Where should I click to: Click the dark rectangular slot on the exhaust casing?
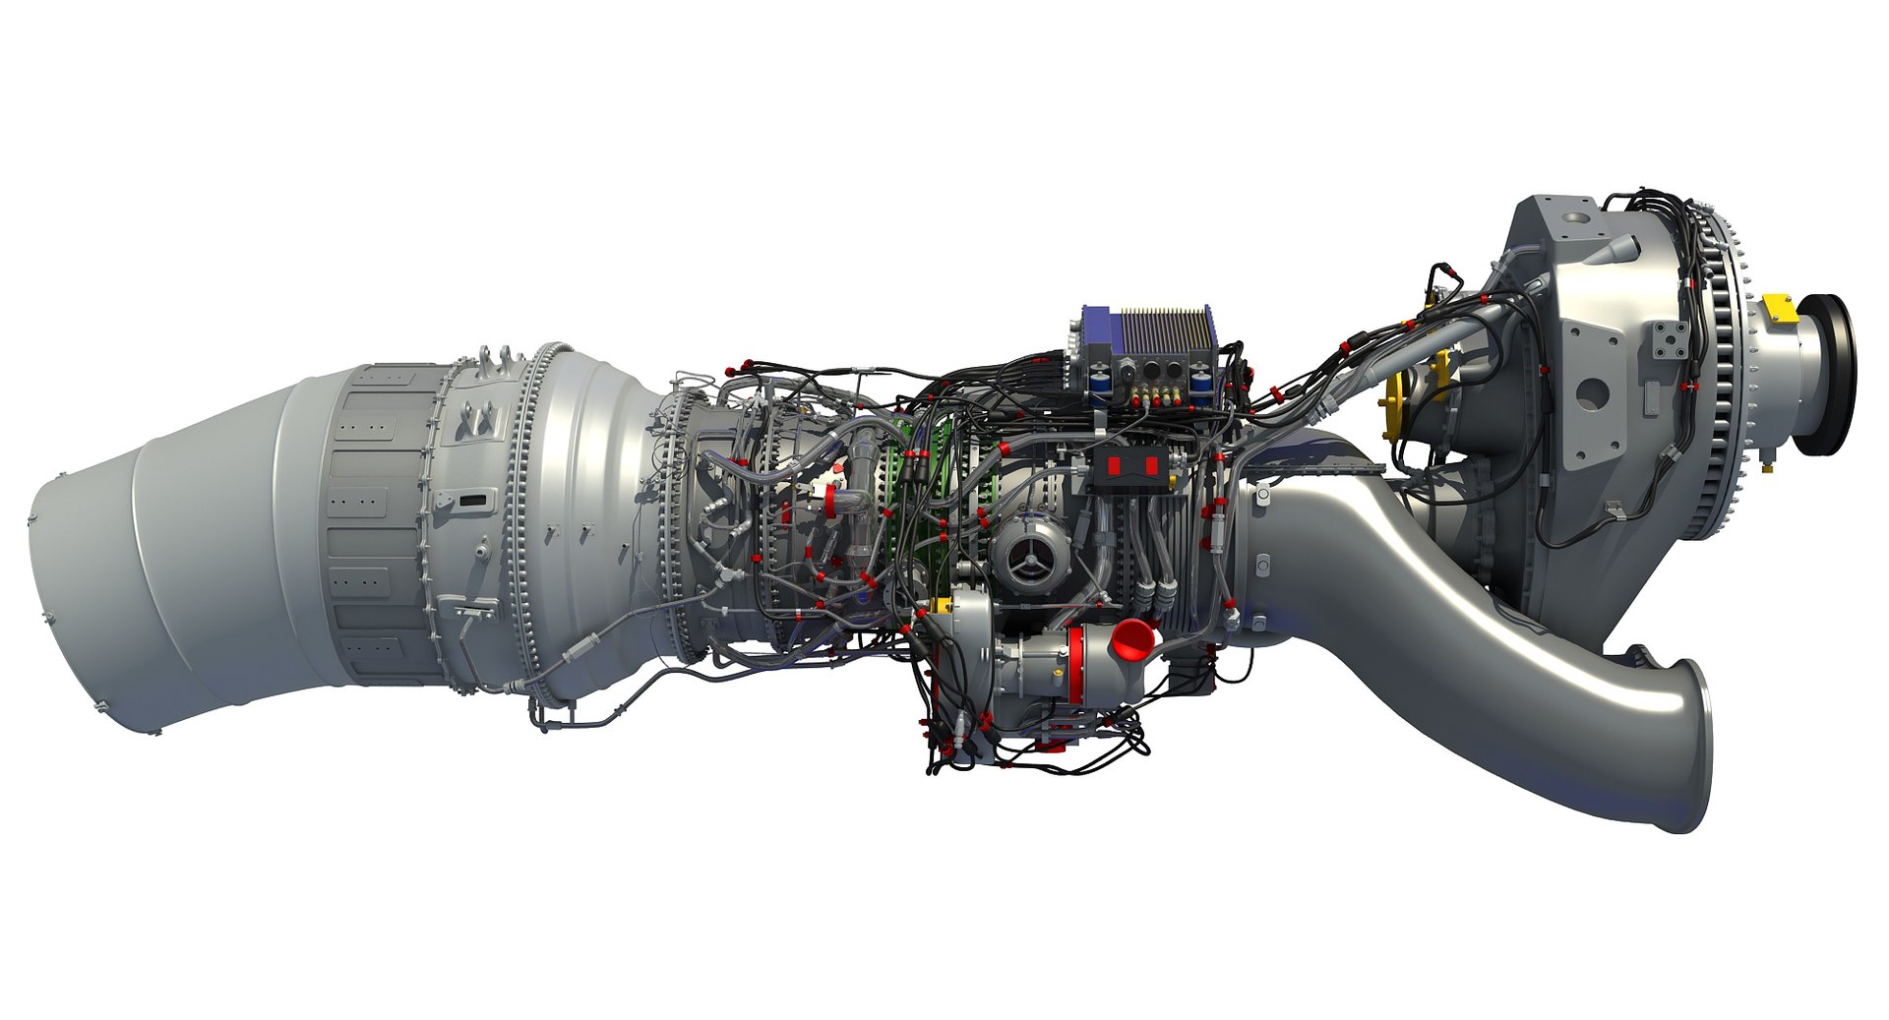coord(472,502)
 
